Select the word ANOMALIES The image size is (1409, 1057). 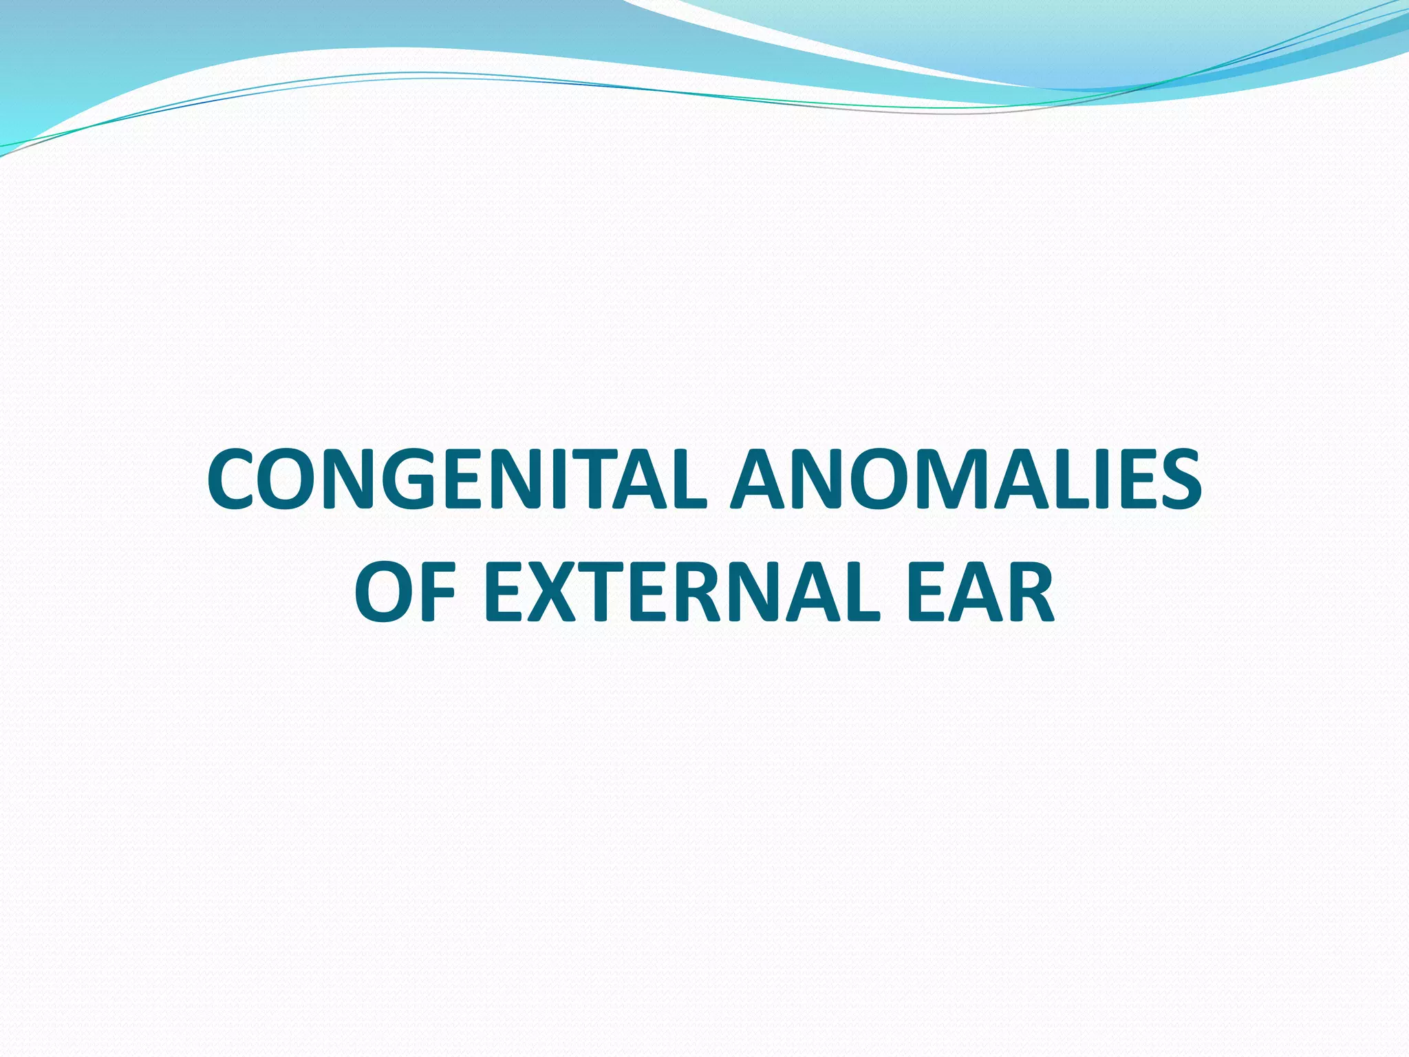(967, 479)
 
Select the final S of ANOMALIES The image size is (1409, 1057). (1177, 479)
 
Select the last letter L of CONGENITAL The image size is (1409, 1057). (688, 479)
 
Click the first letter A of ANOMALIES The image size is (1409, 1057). (757, 479)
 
